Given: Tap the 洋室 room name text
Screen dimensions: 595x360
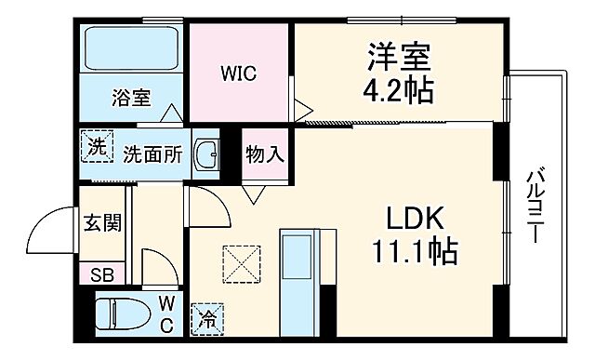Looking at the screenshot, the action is [x=400, y=58].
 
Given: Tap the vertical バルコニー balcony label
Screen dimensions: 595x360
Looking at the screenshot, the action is [x=535, y=205].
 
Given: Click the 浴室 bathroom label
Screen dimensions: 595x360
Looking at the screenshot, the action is [x=131, y=96].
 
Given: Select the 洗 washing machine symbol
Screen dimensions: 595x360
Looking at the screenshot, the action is [x=95, y=146].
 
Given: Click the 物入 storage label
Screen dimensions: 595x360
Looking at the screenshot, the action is [x=265, y=154].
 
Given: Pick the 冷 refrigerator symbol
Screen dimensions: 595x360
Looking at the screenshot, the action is [x=206, y=318].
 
